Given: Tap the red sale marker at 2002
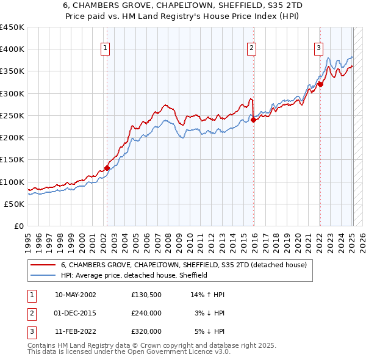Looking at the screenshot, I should coord(107,168).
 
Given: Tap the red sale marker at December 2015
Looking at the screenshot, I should coord(254,120).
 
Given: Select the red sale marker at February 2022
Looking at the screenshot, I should coord(320,84).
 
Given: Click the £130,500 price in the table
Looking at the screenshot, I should coord(146,295).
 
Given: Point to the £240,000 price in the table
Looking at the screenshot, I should coord(146,313).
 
